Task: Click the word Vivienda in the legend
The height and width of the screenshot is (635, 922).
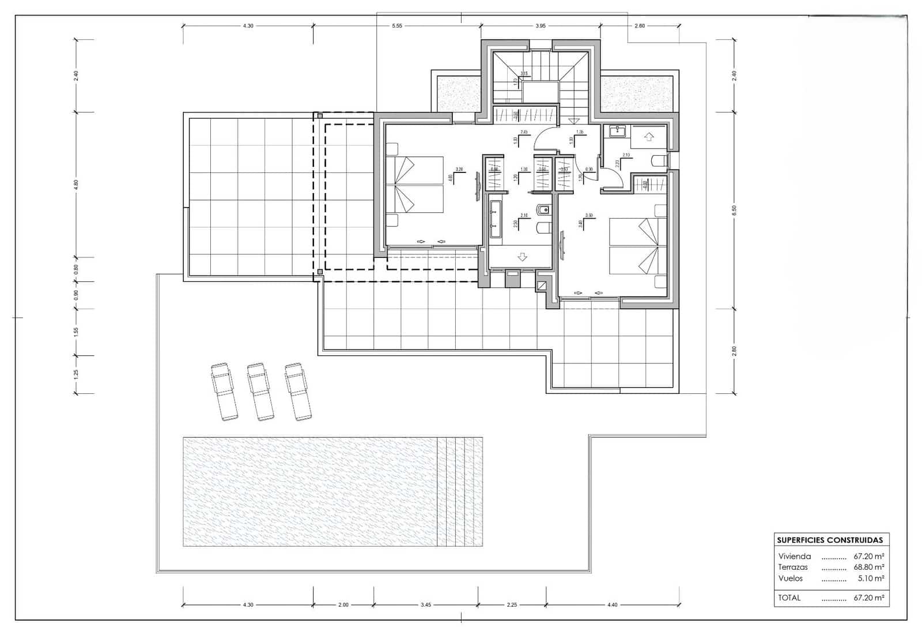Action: point(794,557)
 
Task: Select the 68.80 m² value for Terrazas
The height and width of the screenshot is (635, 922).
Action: point(868,568)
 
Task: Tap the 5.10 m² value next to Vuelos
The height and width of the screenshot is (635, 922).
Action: point(870,578)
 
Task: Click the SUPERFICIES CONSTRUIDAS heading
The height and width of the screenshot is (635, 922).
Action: point(830,540)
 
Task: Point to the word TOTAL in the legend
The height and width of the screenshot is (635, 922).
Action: point(789,598)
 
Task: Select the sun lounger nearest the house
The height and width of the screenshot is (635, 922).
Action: point(298,391)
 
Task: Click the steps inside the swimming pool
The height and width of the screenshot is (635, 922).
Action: point(459,491)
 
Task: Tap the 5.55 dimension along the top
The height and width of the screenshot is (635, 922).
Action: point(396,26)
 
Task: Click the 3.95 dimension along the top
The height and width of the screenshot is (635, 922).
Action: point(540,26)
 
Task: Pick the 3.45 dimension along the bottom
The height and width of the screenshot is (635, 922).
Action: point(425,605)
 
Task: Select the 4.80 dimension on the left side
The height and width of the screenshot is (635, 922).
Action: point(76,185)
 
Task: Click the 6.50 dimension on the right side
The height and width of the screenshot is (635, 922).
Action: point(734,211)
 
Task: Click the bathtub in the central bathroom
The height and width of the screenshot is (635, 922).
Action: point(495,220)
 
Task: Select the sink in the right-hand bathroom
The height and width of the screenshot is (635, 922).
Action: point(616,131)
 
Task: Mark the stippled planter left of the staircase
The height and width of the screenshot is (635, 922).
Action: point(459,94)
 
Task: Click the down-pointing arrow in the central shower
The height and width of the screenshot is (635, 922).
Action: point(522,257)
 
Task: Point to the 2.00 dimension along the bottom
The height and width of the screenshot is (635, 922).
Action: point(343,605)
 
